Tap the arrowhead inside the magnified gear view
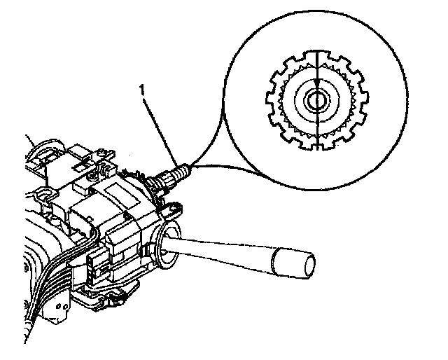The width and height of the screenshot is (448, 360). tap(316, 78)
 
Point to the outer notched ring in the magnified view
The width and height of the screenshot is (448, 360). tap(274, 98)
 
